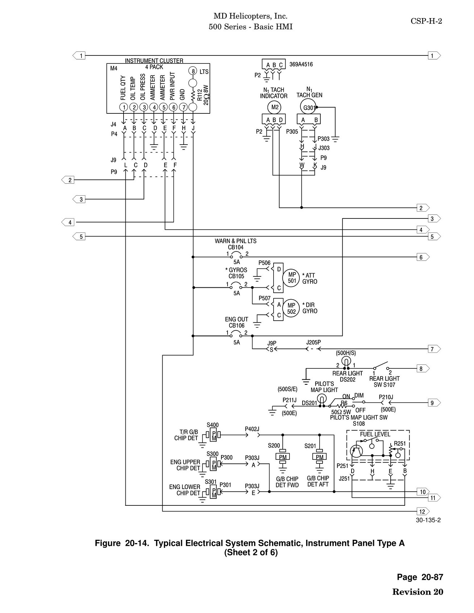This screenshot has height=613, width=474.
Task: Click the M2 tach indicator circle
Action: pos(275,107)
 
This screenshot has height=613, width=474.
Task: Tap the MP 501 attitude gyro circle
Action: pos(292,278)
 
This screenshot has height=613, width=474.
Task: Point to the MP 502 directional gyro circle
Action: pos(292,308)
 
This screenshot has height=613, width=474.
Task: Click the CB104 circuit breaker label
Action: pos(236,247)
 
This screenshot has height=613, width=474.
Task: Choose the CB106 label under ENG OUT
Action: pos(236,325)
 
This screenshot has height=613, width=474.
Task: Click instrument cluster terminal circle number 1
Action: pos(124,107)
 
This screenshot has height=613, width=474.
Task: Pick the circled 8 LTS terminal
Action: pos(193,71)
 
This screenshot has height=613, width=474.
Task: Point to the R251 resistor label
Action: pos(400,443)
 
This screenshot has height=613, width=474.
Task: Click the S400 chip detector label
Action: pos(213,425)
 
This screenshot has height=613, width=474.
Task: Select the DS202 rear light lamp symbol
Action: pos(346,361)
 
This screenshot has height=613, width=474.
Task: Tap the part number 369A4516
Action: pos(301,64)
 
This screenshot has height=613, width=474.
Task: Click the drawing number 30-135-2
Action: pos(428,520)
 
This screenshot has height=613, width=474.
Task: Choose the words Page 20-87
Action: pos(420,577)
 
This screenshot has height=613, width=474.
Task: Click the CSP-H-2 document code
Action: pos(426,21)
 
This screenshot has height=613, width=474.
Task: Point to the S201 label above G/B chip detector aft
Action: pos(311,446)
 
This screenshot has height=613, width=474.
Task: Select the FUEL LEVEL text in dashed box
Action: pos(375,434)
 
